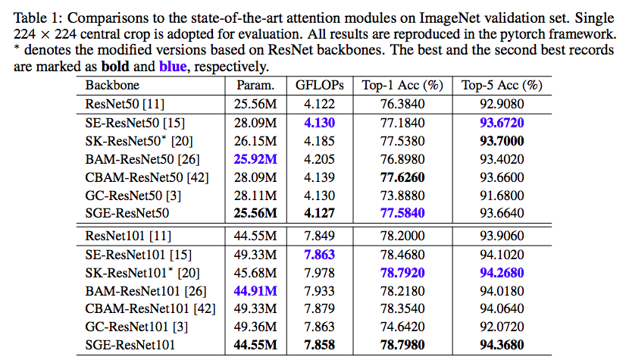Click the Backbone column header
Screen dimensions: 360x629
click(112, 85)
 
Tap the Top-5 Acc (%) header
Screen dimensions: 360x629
click(502, 85)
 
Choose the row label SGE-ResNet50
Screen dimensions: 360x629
click(127, 213)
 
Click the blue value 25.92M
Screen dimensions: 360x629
click(257, 158)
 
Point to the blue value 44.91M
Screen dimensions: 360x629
click(257, 290)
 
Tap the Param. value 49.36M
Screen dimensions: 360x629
click(257, 327)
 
